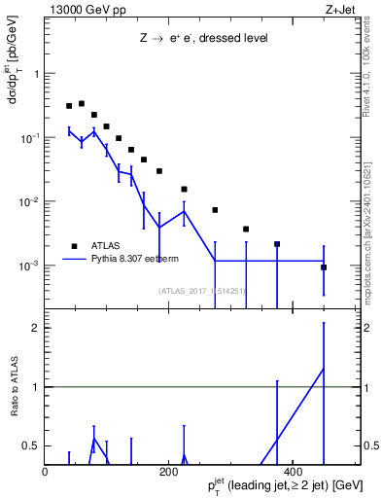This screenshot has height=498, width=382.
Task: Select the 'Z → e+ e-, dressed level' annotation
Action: click(x=202, y=39)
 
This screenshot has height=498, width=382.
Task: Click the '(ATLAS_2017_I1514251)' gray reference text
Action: click(x=202, y=290)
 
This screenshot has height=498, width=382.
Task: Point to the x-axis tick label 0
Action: click(x=46, y=472)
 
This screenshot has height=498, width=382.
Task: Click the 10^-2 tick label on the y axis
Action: click(x=30, y=202)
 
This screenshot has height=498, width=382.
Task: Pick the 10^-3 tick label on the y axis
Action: click(x=30, y=266)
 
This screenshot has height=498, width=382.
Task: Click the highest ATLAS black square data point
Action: click(x=82, y=103)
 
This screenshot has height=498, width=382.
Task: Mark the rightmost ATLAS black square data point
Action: click(x=324, y=267)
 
